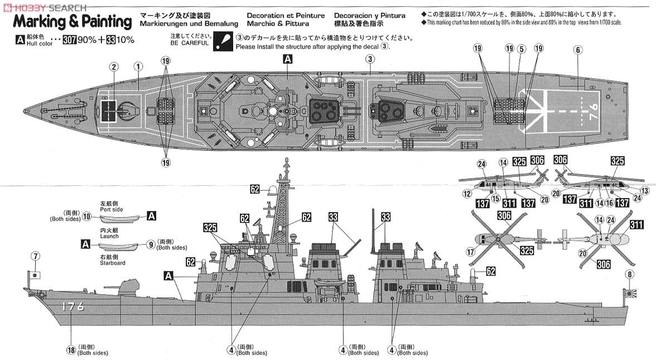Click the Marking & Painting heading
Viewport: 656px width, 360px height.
click(73, 22)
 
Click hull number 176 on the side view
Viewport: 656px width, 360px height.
click(73, 306)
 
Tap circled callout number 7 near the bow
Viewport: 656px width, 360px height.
click(36, 257)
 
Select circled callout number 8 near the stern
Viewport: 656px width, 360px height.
click(629, 274)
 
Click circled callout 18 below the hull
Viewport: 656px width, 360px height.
click(70, 349)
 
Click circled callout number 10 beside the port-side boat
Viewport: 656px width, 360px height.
click(86, 216)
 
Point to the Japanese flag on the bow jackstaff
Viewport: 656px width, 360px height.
click(34, 275)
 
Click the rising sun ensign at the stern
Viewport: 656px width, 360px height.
click(629, 292)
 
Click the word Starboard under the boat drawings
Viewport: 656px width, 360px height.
click(113, 263)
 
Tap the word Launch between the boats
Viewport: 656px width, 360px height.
click(109, 236)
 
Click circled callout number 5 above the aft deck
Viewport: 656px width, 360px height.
click(522, 49)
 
